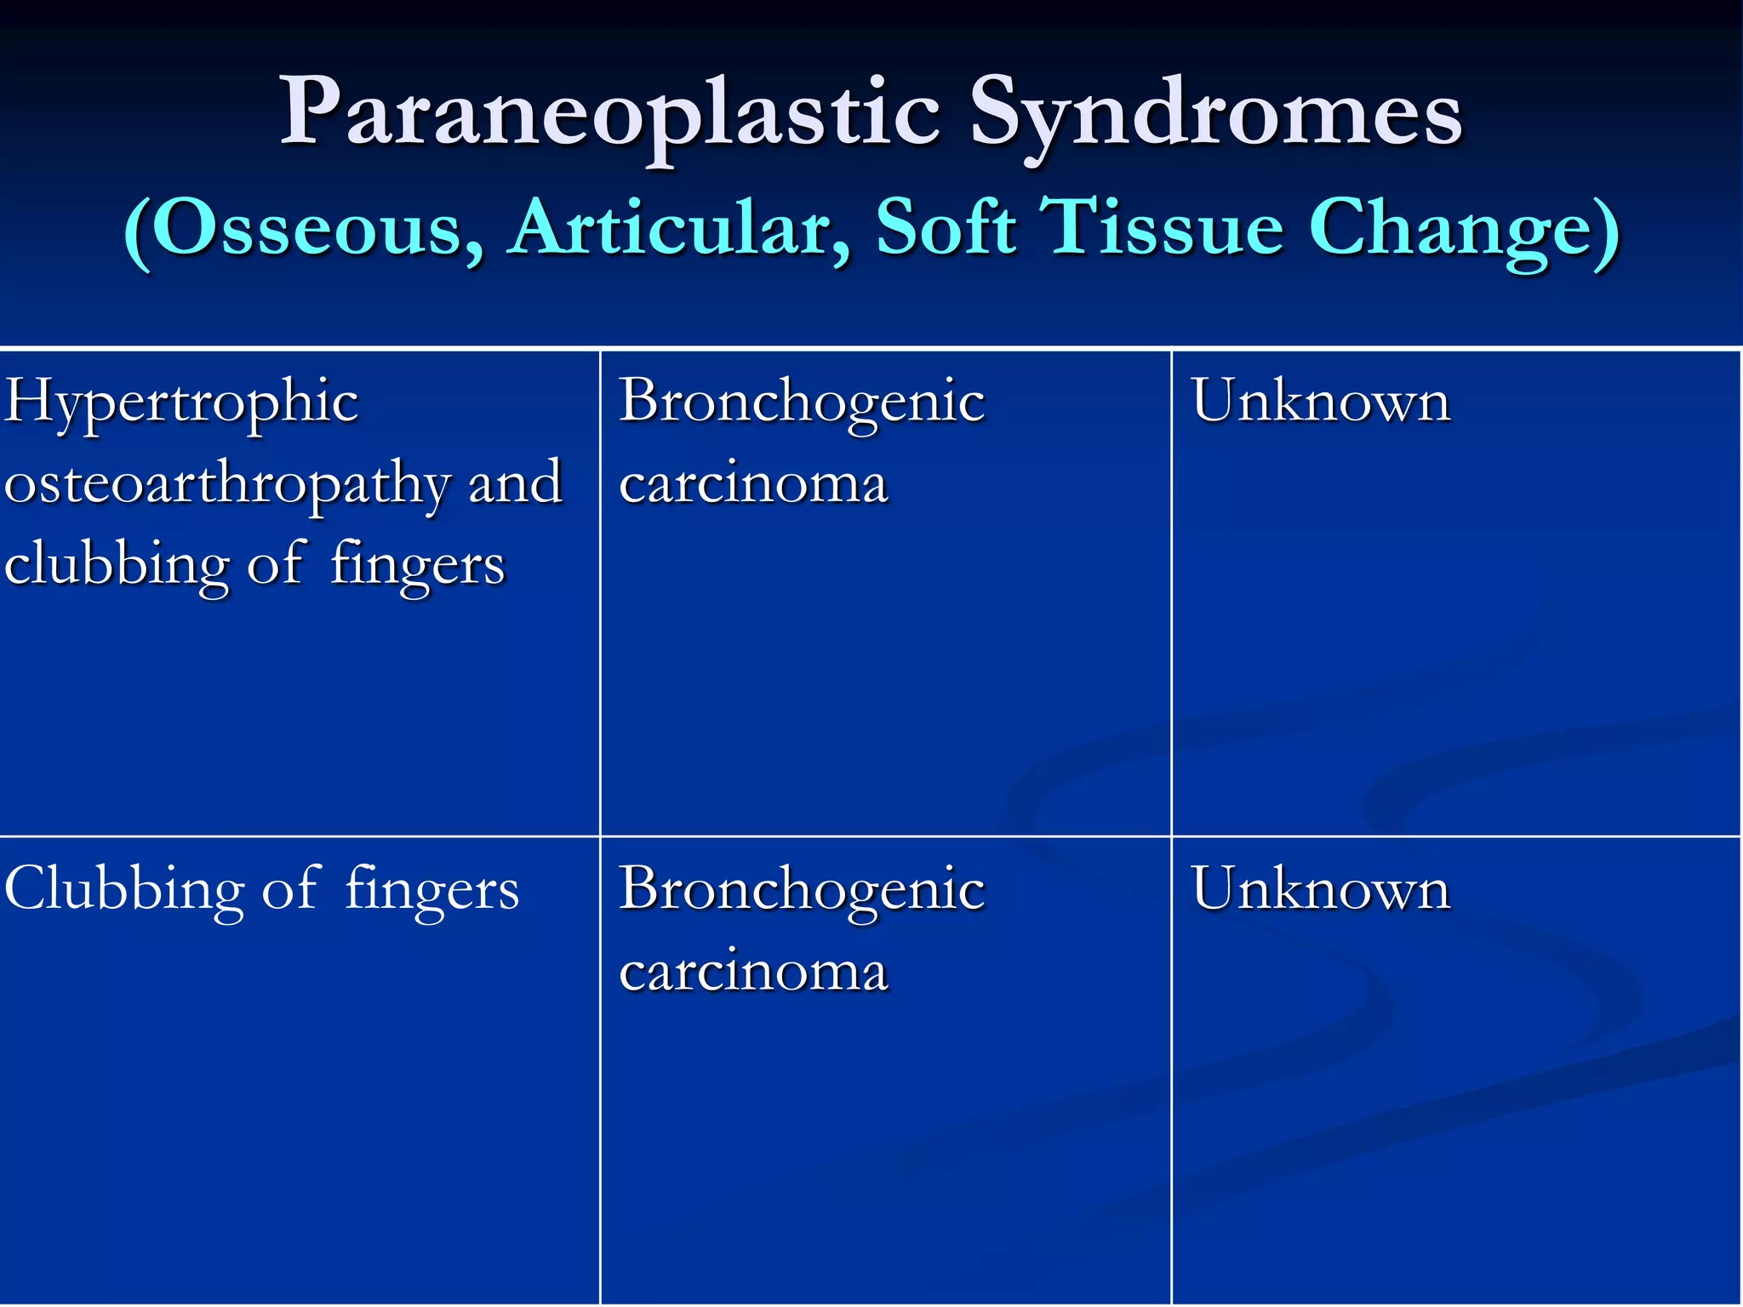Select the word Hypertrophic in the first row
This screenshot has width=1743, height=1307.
(x=180, y=402)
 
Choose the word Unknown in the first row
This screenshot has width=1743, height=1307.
(x=1320, y=402)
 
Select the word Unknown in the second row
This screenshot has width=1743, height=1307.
(x=1320, y=889)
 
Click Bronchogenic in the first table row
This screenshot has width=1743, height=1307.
(x=801, y=402)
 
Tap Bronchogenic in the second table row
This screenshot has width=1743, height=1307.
(x=801, y=889)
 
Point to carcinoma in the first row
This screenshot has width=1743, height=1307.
(x=753, y=483)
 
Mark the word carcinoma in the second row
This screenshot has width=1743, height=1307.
(x=753, y=971)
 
